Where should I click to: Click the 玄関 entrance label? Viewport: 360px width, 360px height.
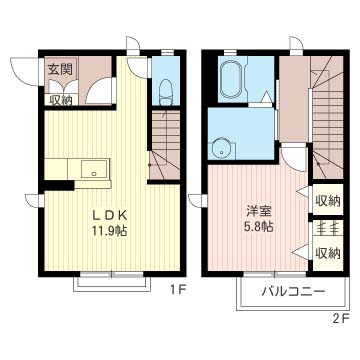(x=62, y=70)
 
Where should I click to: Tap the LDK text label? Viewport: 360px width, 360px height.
(x=109, y=216)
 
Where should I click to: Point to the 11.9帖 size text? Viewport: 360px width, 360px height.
(x=109, y=231)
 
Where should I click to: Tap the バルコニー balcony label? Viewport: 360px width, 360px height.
(x=293, y=292)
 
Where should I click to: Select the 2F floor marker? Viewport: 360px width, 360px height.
(x=341, y=318)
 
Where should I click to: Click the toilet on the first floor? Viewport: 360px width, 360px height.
(x=165, y=92)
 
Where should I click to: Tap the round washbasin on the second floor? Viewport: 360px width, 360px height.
(x=222, y=150)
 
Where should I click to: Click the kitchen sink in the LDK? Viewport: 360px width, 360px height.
(x=95, y=169)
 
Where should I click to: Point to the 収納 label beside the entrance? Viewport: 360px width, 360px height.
(x=61, y=100)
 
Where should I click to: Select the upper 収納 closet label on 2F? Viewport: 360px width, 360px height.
(x=327, y=201)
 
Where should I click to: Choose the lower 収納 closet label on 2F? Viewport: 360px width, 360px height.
(x=327, y=254)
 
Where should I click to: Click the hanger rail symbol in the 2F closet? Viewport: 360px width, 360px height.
(x=328, y=228)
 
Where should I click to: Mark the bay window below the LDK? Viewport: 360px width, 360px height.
(x=112, y=282)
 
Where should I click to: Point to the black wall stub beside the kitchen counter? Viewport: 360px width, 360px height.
(x=59, y=185)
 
